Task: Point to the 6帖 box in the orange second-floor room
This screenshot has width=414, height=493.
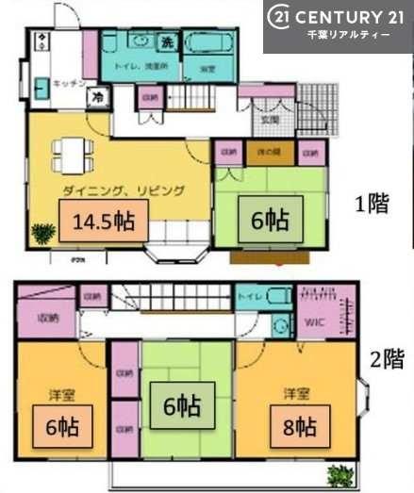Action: [62, 425]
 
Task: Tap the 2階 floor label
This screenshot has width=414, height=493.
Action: [387, 359]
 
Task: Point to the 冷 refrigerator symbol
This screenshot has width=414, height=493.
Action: [96, 97]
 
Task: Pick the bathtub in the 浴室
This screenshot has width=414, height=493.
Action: [208, 43]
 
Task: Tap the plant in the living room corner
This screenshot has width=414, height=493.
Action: [43, 232]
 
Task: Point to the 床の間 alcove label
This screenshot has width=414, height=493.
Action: [270, 152]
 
